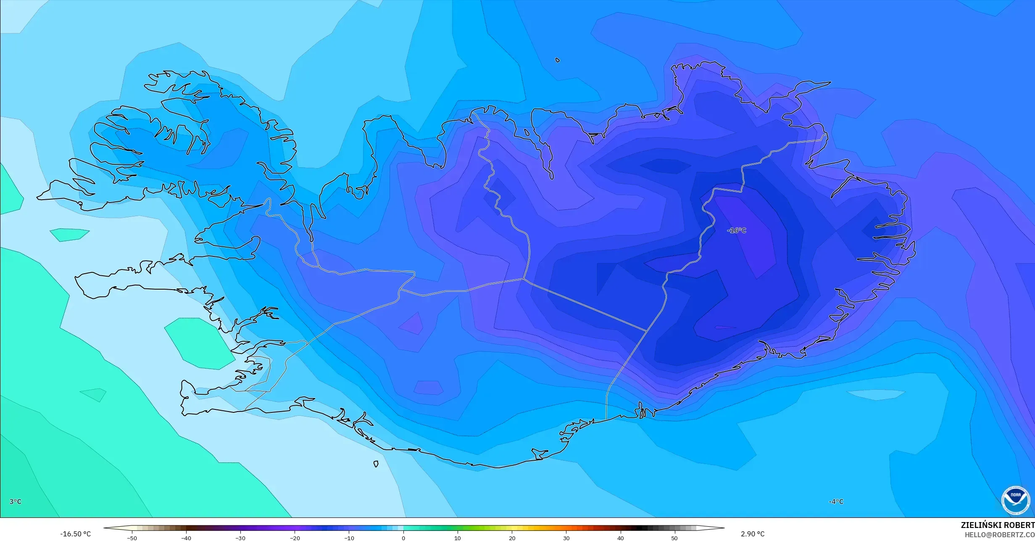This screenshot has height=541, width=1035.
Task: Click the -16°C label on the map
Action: pyautogui.click(x=736, y=230)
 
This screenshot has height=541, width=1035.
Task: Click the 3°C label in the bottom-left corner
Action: pyautogui.click(x=15, y=501)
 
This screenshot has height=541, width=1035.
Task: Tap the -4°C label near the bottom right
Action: pyautogui.click(x=836, y=501)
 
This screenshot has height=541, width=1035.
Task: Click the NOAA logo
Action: pyautogui.click(x=1015, y=500)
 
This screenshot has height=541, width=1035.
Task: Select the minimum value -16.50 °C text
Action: pyautogui.click(x=75, y=534)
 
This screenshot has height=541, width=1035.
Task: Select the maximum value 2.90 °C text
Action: pyautogui.click(x=753, y=534)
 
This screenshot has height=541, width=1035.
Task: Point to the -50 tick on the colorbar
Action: pyautogui.click(x=132, y=538)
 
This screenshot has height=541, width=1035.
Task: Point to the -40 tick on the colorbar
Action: pyautogui.click(x=186, y=538)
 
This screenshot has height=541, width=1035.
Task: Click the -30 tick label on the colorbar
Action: pyautogui.click(x=240, y=538)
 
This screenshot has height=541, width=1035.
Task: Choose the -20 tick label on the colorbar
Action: pyautogui.click(x=295, y=538)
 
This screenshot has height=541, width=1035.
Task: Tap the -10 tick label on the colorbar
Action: pyautogui.click(x=349, y=538)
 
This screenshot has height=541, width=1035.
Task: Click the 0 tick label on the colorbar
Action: pyautogui.click(x=403, y=538)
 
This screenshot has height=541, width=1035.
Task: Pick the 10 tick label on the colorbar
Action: pyautogui.click(x=458, y=538)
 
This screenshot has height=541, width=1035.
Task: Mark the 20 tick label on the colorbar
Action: pyautogui.click(x=512, y=538)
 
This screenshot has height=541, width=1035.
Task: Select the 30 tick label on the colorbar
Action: pyautogui.click(x=566, y=538)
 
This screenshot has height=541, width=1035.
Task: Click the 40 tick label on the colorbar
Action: pyautogui.click(x=620, y=538)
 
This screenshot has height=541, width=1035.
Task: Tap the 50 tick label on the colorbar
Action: pyautogui.click(x=674, y=538)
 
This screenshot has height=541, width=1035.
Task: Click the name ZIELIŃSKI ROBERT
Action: pyautogui.click(x=998, y=525)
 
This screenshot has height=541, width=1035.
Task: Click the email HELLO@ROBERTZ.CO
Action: pyautogui.click(x=999, y=535)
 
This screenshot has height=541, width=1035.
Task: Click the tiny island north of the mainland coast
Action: pyautogui.click(x=558, y=60)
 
